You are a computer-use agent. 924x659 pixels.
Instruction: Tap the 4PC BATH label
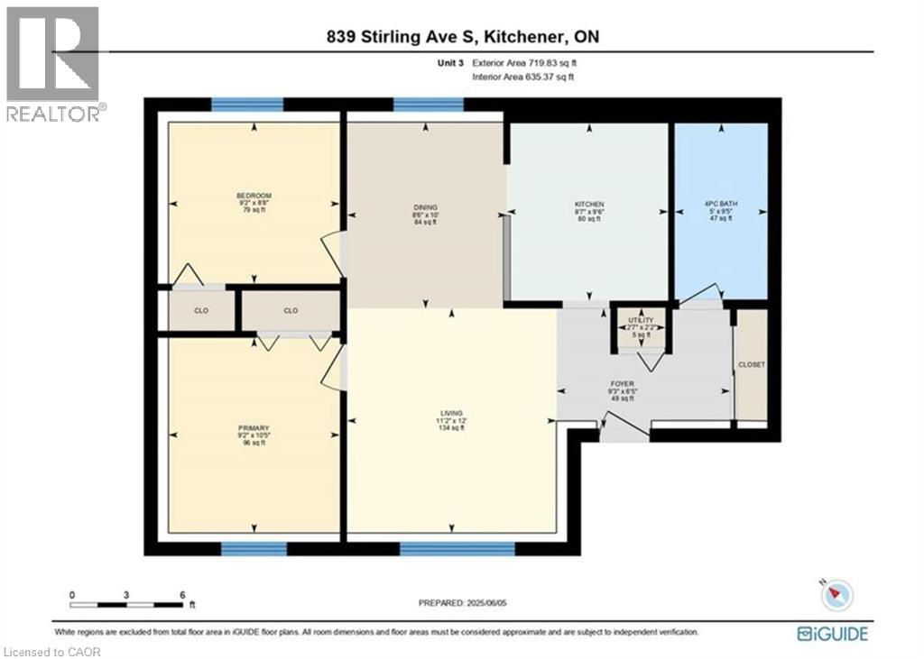(719, 205)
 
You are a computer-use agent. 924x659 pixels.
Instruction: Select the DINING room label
(424, 208)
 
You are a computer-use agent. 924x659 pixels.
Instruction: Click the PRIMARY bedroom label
(254, 427)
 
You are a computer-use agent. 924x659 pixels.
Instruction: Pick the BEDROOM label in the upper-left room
(254, 196)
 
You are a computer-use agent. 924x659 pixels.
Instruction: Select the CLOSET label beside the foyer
(751, 365)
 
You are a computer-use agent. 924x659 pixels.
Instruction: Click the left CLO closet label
(201, 311)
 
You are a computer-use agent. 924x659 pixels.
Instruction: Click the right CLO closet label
(291, 311)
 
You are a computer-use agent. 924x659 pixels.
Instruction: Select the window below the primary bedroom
(254, 548)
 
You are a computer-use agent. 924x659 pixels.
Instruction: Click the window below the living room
(457, 548)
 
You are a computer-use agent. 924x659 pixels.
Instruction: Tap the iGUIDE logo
(832, 634)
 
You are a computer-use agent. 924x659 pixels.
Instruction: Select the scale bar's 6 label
(182, 595)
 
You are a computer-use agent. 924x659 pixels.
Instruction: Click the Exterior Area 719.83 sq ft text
(523, 64)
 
